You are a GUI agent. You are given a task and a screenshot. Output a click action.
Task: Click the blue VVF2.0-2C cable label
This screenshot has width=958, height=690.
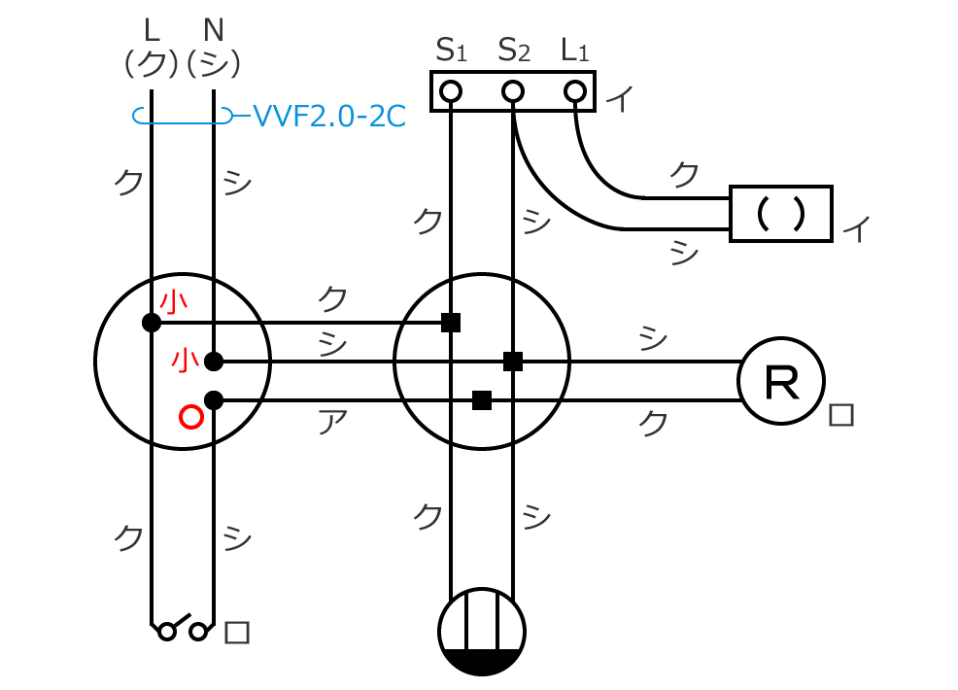coord(328,117)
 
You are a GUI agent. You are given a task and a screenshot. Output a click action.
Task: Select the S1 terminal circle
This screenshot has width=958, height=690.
coord(450,92)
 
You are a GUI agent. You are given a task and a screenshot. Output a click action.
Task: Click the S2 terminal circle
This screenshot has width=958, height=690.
coord(513,92)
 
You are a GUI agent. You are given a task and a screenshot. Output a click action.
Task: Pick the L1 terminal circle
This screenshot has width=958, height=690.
coord(575,92)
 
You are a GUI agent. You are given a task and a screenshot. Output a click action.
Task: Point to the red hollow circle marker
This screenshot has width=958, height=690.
coord(191,418)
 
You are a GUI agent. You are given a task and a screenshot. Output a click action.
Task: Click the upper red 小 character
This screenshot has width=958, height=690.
coord(174,303)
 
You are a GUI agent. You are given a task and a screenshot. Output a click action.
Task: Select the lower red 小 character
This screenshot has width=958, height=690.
coord(185,361)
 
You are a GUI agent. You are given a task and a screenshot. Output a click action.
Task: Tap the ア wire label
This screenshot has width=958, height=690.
coord(332,421)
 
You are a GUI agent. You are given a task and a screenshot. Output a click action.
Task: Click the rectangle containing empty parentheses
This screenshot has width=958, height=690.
coord(781,213)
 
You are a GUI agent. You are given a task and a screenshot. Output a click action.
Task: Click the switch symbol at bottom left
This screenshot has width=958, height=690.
coord(183,629)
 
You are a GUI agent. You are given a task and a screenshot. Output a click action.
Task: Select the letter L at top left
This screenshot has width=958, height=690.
coord(151,26)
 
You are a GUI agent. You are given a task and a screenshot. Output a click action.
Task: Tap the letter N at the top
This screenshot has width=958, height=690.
coord(215,26)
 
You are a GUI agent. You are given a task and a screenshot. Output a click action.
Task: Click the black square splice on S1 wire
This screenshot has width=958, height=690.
coord(451,323)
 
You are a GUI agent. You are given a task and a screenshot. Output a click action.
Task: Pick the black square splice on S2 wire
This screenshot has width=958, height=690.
coord(513,362)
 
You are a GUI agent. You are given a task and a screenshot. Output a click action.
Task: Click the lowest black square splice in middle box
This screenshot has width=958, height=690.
coord(481,400)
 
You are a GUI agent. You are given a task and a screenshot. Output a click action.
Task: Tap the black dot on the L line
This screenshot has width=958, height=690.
coord(151,323)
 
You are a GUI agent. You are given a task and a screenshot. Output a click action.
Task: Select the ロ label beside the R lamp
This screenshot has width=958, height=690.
coord(841,416)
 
